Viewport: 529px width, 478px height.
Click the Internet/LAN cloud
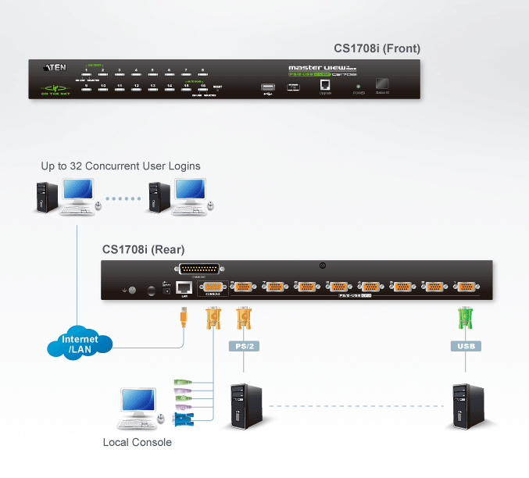[80, 344]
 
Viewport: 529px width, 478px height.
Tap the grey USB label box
[465, 345]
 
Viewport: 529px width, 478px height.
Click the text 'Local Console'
[137, 443]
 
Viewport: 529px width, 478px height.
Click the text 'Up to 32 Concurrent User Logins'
[121, 166]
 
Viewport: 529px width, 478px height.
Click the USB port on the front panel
[268, 85]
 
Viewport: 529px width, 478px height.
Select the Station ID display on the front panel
[383, 84]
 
